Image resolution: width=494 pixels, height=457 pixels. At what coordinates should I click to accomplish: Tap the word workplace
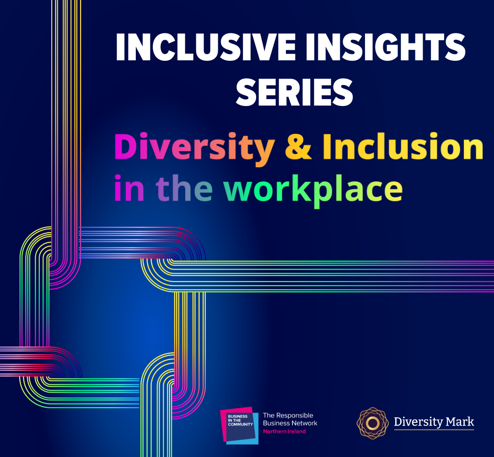313,189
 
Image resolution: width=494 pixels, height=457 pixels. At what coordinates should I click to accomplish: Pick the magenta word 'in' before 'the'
129,188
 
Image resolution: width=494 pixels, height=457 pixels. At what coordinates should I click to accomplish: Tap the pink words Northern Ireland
284,431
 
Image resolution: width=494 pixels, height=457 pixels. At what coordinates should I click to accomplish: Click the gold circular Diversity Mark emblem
373,423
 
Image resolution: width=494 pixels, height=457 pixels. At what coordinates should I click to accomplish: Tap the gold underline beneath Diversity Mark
434,430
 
